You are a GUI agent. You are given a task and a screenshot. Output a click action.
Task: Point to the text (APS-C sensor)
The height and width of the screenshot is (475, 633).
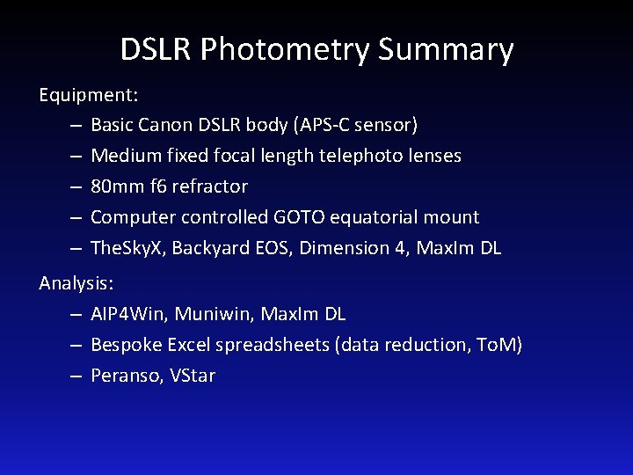pyautogui.click(x=360, y=125)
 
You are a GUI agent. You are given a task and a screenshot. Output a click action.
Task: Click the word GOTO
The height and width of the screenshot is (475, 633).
pyautogui.click(x=304, y=217)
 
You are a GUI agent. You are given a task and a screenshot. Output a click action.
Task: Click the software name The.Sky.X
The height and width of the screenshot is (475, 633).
pyautogui.click(x=127, y=248)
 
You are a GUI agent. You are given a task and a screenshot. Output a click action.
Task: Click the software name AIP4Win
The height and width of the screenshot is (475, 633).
pyautogui.click(x=126, y=314)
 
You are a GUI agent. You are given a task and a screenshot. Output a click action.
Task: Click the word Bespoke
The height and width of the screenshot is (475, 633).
pyautogui.click(x=122, y=345)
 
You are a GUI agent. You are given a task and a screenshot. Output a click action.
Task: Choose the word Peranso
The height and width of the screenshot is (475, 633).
pyautogui.click(x=122, y=376)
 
